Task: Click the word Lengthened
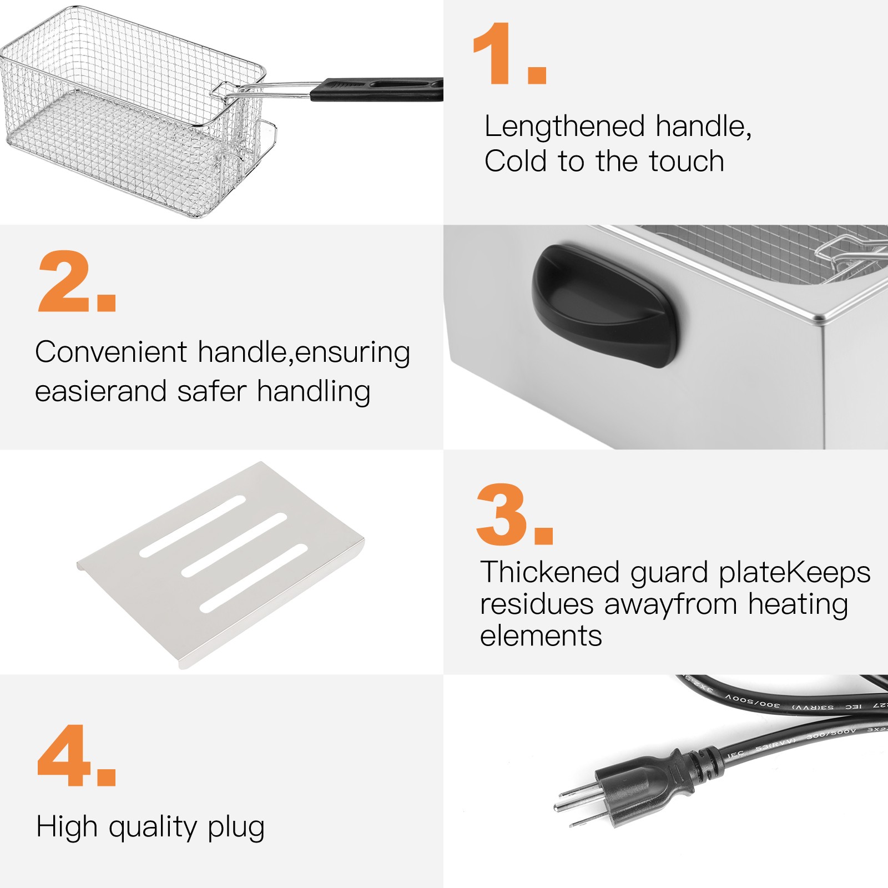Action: pos(564,127)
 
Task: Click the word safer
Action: pos(211,391)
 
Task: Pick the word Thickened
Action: pos(549,573)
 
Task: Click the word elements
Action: pos(541,636)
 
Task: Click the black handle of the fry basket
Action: pos(377,89)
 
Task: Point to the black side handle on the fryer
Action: pos(605,305)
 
